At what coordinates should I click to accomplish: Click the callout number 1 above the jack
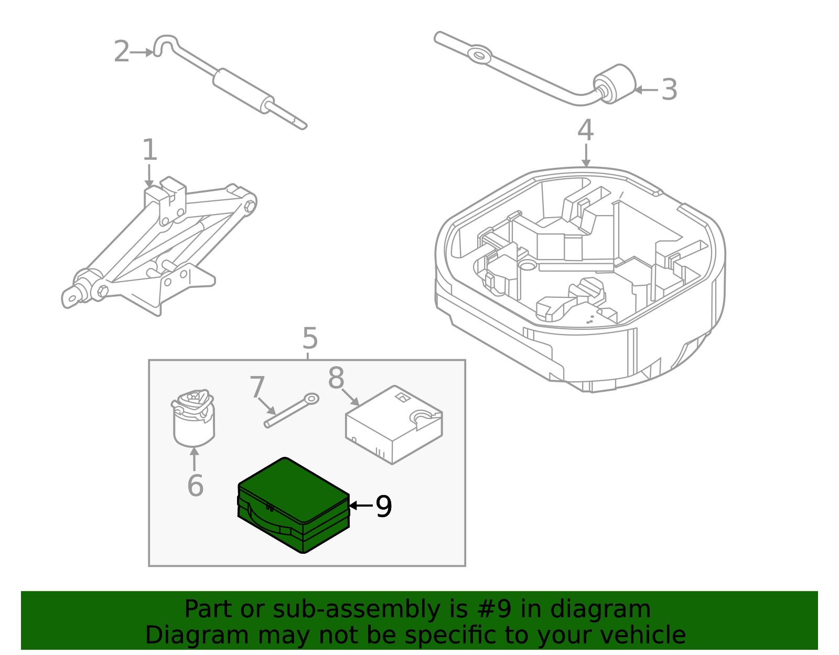[x=150, y=150]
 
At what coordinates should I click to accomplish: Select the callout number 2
[x=122, y=51]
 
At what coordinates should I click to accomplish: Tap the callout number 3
[x=669, y=90]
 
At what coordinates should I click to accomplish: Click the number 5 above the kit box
[x=310, y=338]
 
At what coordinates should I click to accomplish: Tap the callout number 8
[x=336, y=378]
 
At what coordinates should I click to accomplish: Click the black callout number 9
[x=384, y=506]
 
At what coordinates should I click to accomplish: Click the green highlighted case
[x=294, y=506]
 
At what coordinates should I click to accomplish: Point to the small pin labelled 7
[x=292, y=410]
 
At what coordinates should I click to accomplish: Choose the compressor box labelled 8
[x=394, y=425]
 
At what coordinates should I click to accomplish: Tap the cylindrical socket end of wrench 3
[x=615, y=84]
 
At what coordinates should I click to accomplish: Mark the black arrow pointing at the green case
[x=361, y=505]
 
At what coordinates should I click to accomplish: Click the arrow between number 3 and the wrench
[x=646, y=90]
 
